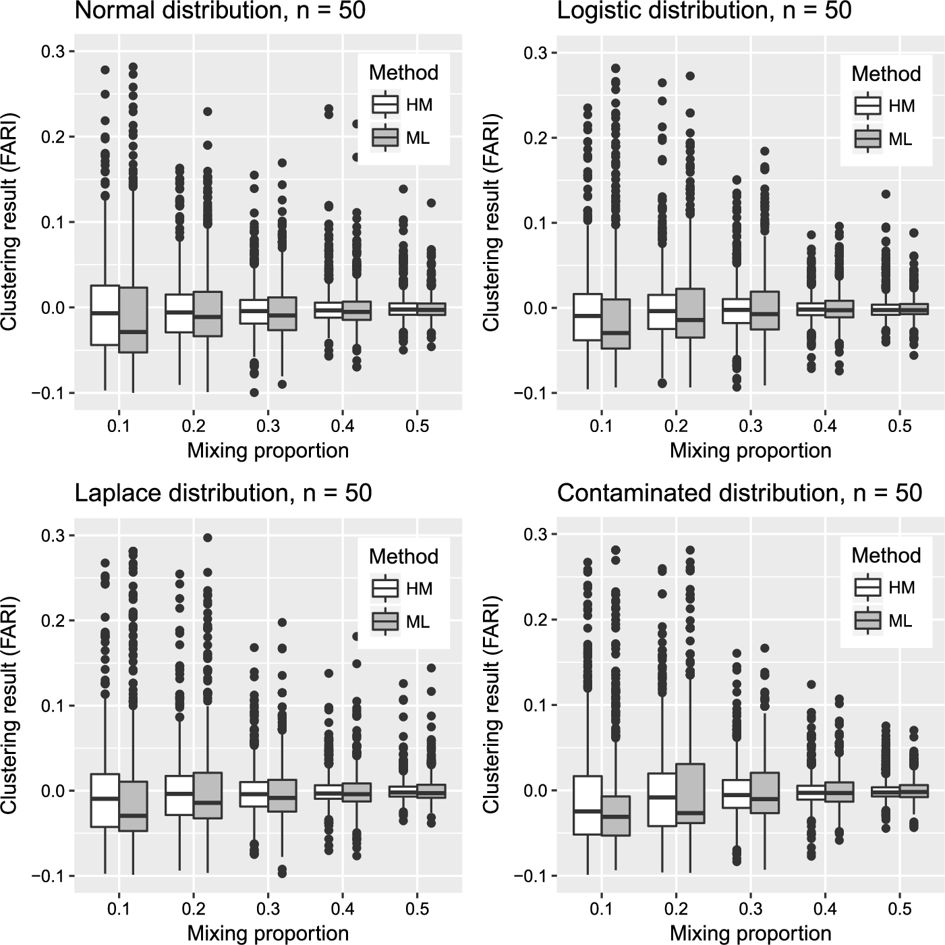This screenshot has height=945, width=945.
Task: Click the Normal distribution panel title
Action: click(x=220, y=11)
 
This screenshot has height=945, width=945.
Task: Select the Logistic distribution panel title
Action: click(x=704, y=11)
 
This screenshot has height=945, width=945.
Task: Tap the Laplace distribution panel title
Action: click(x=223, y=493)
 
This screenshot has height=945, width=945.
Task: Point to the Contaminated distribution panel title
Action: click(x=739, y=493)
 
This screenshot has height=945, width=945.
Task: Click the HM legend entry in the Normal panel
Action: click(x=403, y=105)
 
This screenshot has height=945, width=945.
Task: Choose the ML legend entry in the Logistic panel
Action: click(x=885, y=139)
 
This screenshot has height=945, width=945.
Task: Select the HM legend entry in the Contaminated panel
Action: click(x=885, y=587)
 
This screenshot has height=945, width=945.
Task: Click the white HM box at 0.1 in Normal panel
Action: click(x=105, y=315)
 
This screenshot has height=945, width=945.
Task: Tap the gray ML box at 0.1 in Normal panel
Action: click(x=133, y=320)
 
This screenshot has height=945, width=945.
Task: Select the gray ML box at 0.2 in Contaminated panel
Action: click(x=690, y=793)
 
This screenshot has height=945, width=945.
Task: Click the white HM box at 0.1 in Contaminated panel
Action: click(x=588, y=805)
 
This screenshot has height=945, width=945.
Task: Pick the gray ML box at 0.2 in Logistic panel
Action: click(x=690, y=313)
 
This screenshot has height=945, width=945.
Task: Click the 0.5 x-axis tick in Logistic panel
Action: click(x=900, y=426)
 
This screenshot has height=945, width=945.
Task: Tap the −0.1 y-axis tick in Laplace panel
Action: click(x=46, y=876)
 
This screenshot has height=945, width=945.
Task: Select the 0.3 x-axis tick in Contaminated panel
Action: click(x=751, y=909)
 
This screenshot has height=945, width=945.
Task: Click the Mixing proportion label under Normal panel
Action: click(x=268, y=451)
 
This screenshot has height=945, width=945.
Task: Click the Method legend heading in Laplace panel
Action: click(x=403, y=556)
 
